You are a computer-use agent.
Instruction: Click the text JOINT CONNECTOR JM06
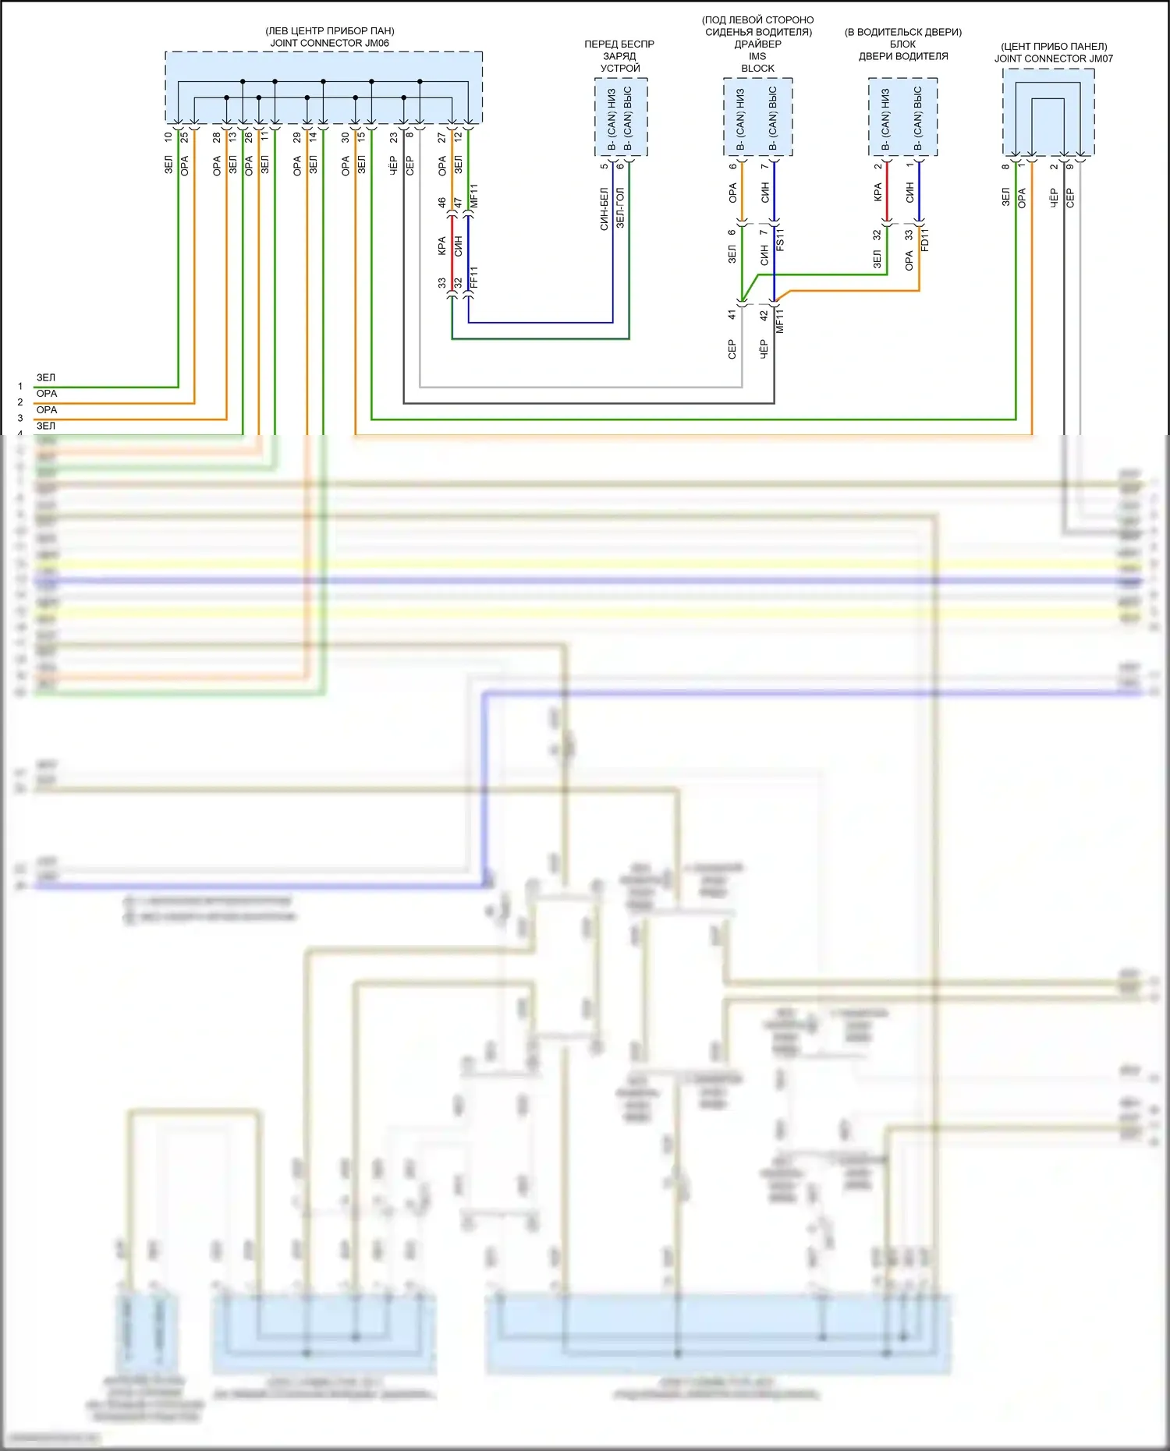click(x=329, y=43)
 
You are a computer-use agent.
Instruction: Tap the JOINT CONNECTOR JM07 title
click(x=1053, y=58)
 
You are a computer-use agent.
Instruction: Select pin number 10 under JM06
click(x=168, y=136)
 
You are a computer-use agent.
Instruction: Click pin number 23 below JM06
click(x=394, y=136)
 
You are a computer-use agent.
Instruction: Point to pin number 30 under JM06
click(x=346, y=136)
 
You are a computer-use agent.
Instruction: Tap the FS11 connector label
click(x=780, y=239)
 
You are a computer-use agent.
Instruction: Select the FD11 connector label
click(x=925, y=239)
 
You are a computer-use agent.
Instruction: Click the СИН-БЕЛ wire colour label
click(x=604, y=208)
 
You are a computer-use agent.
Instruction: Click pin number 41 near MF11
click(x=732, y=315)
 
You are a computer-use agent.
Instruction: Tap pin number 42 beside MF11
click(x=764, y=315)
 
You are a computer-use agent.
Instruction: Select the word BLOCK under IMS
click(x=757, y=69)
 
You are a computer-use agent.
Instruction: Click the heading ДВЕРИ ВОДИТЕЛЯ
click(x=903, y=56)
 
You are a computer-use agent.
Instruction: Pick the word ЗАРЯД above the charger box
click(x=619, y=56)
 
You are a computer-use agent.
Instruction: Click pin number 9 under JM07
click(x=1070, y=166)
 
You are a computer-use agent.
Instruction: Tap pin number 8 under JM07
click(x=1006, y=166)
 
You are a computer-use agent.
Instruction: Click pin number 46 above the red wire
click(x=442, y=203)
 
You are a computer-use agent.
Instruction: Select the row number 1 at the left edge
click(x=20, y=386)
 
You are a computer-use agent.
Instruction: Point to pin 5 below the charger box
click(x=604, y=166)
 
